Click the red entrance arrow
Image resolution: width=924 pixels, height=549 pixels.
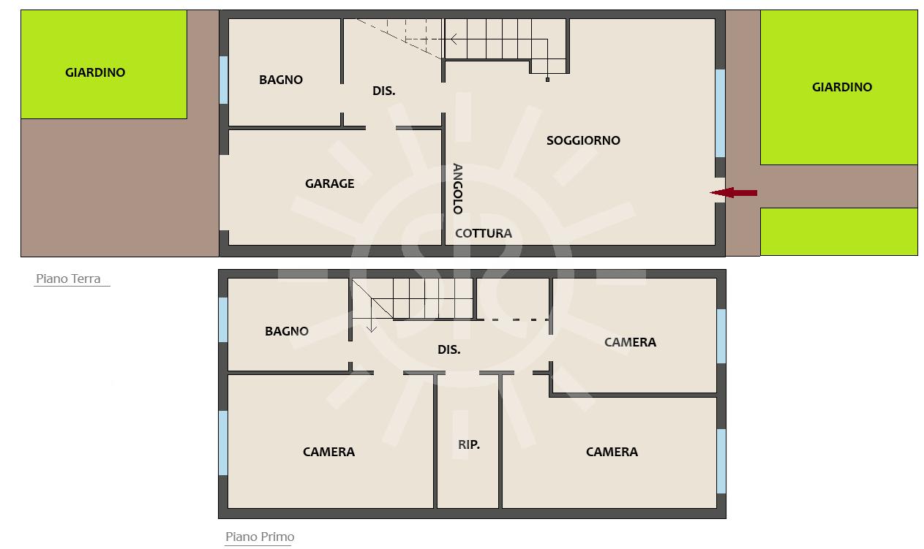734,192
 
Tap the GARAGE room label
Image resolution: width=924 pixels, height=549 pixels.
330,183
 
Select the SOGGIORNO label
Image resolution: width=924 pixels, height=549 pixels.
583,140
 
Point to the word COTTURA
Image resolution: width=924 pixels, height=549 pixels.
484,233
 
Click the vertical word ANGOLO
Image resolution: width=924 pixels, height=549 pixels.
458,189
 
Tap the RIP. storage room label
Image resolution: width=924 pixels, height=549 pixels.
469,444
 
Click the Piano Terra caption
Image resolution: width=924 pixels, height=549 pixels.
69,279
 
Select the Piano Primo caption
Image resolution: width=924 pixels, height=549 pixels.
260,537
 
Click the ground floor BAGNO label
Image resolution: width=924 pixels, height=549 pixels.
281,80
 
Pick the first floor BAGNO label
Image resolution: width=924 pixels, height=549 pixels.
287,331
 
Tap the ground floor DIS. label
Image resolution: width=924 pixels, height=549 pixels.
383,91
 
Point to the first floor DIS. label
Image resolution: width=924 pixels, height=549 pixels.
448,350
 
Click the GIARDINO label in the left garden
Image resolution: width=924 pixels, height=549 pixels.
95,72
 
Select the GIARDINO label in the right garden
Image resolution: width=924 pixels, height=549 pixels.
842,88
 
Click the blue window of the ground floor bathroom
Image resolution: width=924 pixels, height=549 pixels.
224,80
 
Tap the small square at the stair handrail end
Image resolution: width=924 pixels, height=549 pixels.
547,80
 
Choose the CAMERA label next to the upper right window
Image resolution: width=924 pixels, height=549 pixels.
631,343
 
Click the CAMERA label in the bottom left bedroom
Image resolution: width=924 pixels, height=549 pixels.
328,453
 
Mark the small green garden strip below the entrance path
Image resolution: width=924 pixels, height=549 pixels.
839,232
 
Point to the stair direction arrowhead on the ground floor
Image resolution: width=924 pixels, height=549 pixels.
454,39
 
